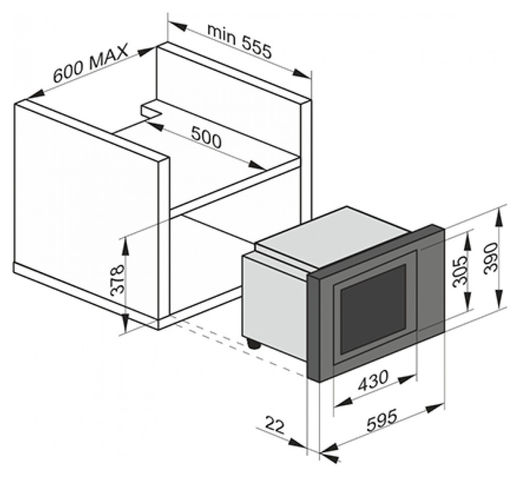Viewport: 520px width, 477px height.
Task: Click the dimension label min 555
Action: (x=239, y=41)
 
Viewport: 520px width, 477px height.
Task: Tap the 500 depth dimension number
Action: (x=206, y=137)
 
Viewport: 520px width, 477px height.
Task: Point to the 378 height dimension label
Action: (x=117, y=279)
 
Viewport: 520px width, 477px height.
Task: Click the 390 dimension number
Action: (x=491, y=258)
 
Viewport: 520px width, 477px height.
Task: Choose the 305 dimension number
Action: (x=460, y=271)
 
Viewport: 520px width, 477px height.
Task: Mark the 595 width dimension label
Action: (x=381, y=421)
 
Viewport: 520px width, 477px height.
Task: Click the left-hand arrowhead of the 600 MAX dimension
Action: (x=34, y=94)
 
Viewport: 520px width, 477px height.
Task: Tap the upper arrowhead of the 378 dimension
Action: (x=126, y=245)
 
